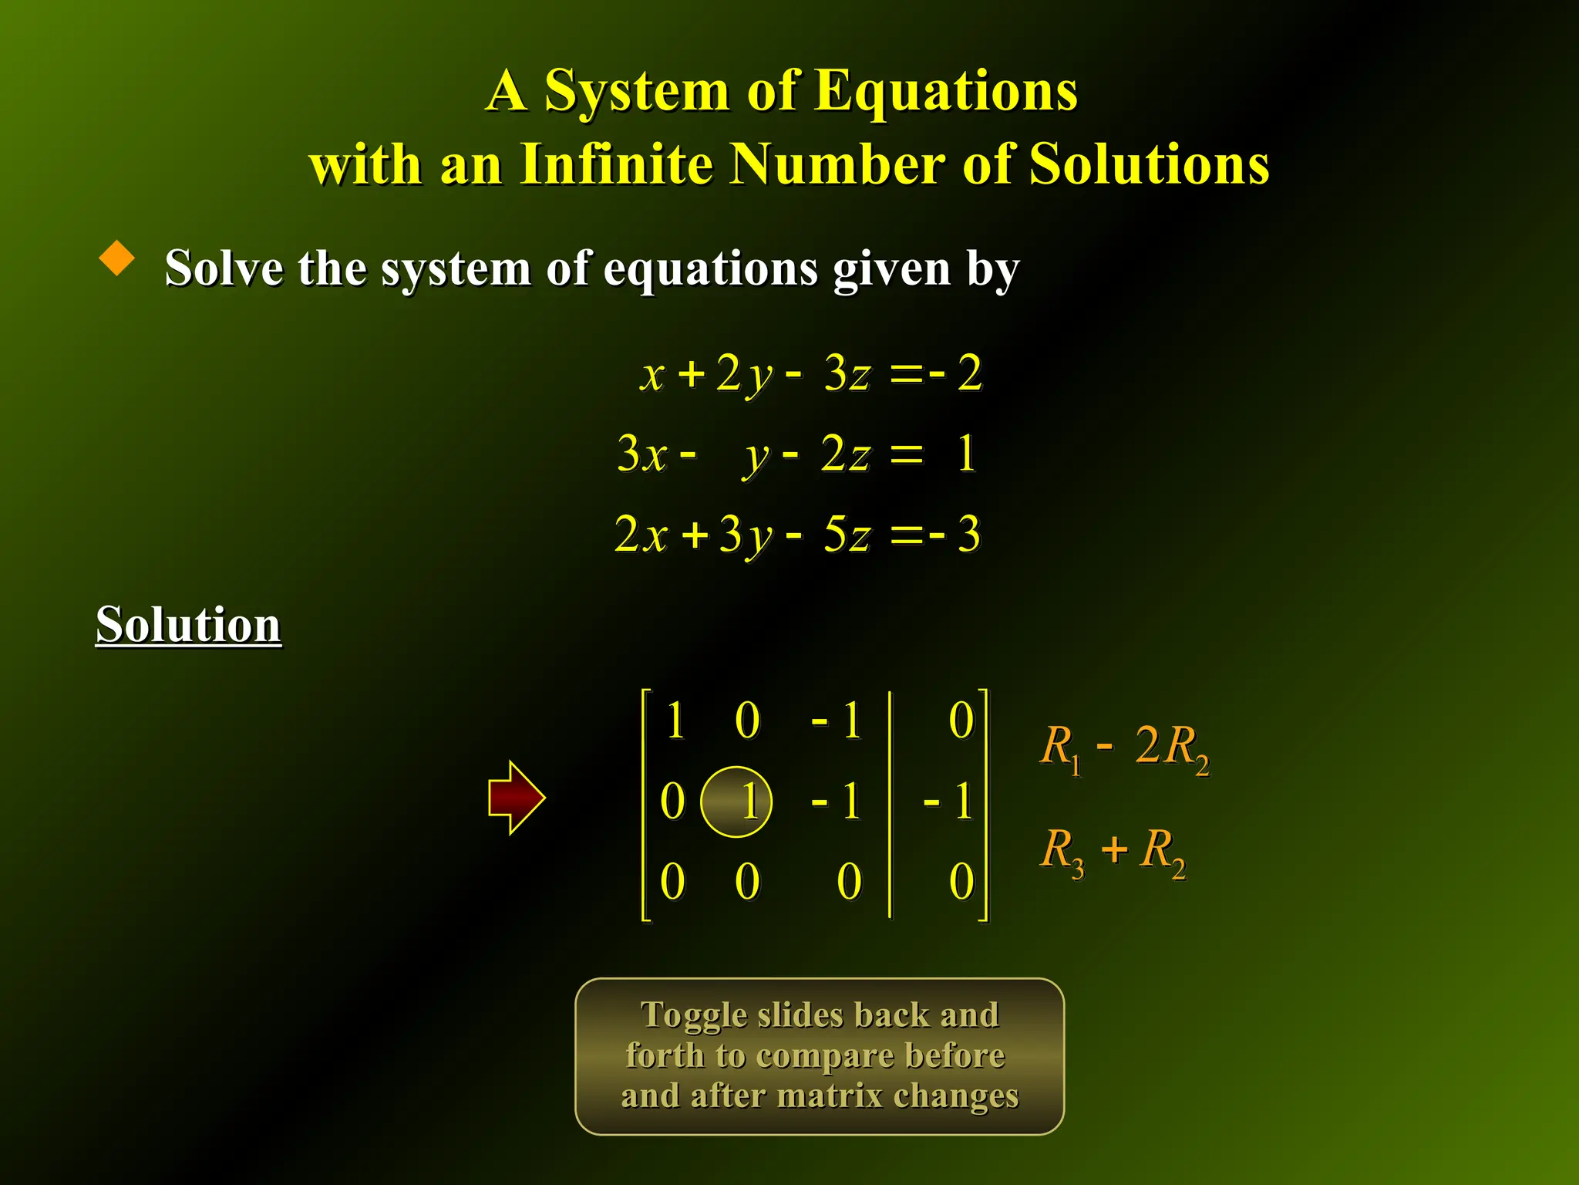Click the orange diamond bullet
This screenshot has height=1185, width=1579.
(x=117, y=258)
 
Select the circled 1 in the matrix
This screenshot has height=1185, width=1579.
(x=737, y=802)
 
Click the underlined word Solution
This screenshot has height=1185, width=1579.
(x=188, y=624)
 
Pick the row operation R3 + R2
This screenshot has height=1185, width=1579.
(x=1113, y=851)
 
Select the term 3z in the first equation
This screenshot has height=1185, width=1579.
(x=847, y=373)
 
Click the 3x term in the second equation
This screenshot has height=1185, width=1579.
(x=641, y=454)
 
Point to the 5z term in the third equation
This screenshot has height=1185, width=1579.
(x=847, y=534)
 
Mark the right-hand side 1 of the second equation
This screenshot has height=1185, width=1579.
(x=966, y=454)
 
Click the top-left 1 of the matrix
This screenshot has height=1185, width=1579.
(x=675, y=721)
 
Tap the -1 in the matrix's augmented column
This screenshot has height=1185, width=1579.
(x=949, y=802)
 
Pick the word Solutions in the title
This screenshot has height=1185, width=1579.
(x=1149, y=164)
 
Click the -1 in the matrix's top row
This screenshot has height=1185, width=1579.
(x=837, y=721)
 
